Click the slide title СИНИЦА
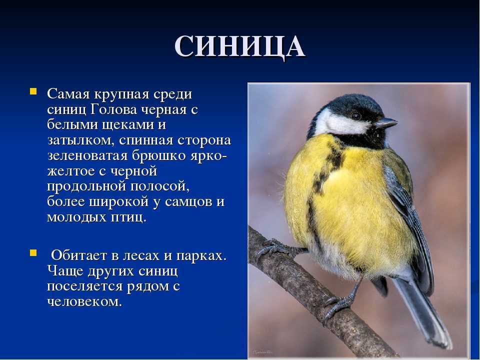tap(239, 47)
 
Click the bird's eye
tap(356, 116)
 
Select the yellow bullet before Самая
tap(33, 91)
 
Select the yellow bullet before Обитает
tap(33, 253)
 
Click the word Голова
tap(113, 109)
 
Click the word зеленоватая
tap(87, 156)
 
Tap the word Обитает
tap(78, 255)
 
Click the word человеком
tap(84, 302)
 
